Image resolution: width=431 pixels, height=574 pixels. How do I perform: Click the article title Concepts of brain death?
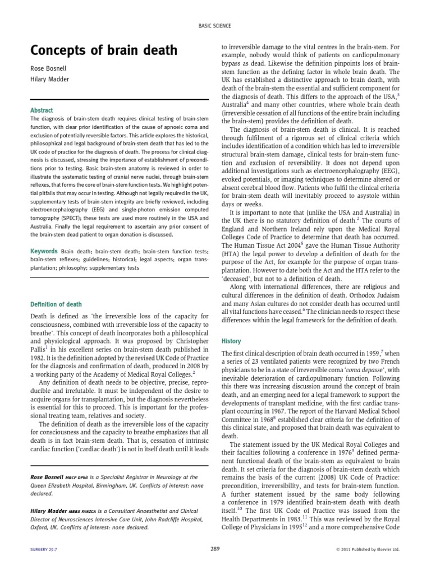coord(103,51)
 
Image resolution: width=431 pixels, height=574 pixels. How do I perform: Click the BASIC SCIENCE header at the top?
coord(215,26)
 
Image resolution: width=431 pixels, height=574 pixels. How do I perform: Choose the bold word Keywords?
coord(44,252)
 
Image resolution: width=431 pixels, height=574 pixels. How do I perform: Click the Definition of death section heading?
coord(56,304)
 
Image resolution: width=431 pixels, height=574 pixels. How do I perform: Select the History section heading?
coord(231,340)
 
